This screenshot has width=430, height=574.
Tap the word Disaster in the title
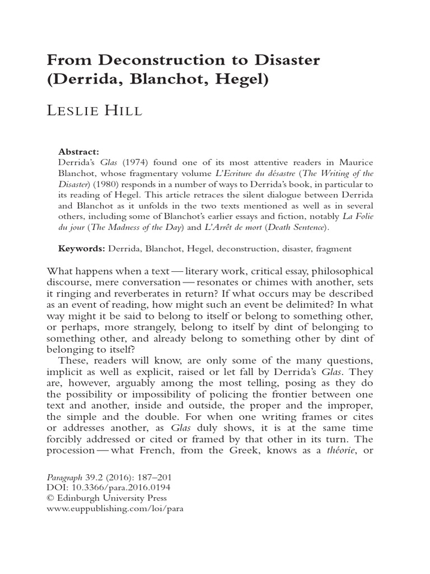[x=283, y=61]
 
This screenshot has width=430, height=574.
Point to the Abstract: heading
[x=79, y=151]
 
